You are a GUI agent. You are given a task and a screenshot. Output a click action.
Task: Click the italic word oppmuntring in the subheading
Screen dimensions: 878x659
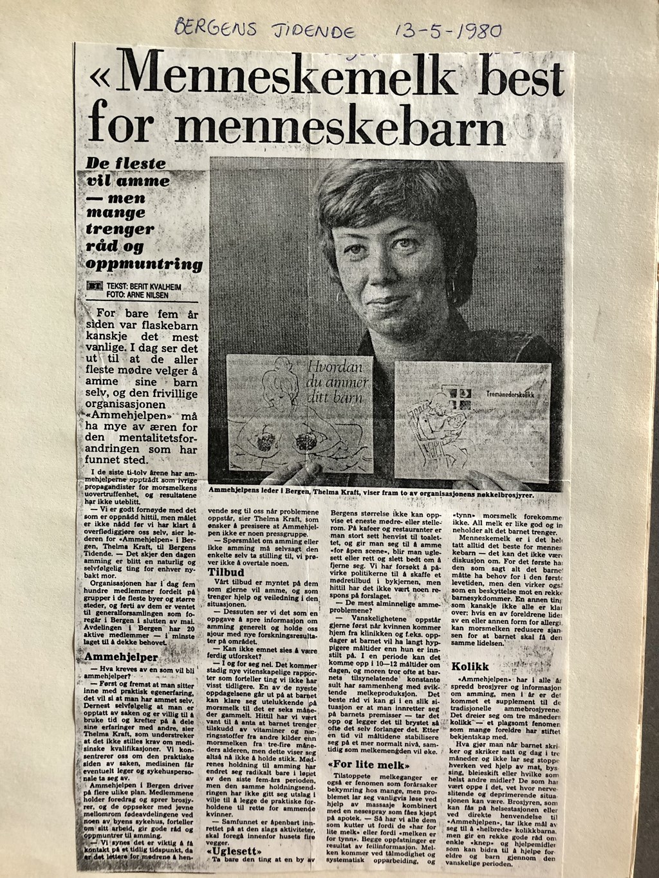[x=144, y=264]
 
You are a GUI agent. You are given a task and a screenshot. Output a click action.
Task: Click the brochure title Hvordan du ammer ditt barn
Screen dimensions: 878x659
[x=335, y=383]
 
